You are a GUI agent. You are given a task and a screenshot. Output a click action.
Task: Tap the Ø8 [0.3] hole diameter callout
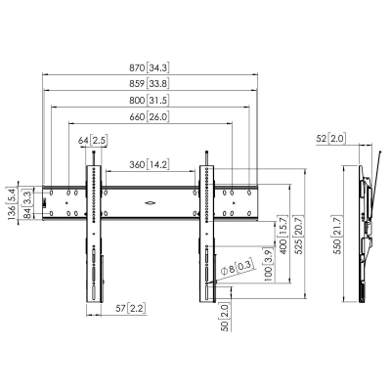tap(238, 264)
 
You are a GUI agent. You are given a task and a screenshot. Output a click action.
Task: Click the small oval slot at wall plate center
tap(150, 202)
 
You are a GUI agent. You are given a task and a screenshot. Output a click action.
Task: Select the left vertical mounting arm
tap(94, 235)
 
